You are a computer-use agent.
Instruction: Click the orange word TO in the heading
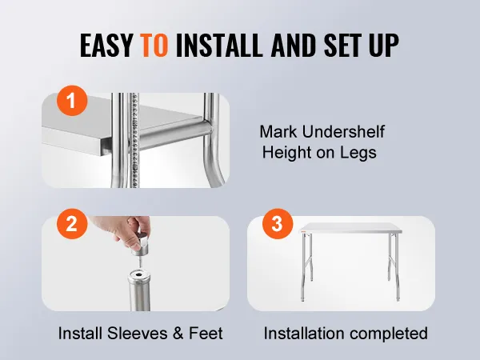tap(154, 45)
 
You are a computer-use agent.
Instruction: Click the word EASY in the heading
tap(106, 45)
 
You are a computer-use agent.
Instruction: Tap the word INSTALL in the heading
tap(219, 45)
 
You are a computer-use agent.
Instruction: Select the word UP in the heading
tap(384, 45)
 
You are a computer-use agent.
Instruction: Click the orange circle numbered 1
tap(72, 101)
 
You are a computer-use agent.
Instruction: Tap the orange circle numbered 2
tap(72, 224)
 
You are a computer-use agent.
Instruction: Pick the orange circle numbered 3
tap(278, 224)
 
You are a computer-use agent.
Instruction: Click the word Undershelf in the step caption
tap(343, 132)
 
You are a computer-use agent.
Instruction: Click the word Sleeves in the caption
tap(138, 333)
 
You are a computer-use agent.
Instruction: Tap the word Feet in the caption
tap(206, 333)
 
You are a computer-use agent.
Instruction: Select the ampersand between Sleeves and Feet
tap(178, 334)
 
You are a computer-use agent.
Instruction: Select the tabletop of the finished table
tap(350, 228)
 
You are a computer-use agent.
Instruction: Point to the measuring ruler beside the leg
tap(134, 140)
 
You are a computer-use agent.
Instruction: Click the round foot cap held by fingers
tap(140, 245)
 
